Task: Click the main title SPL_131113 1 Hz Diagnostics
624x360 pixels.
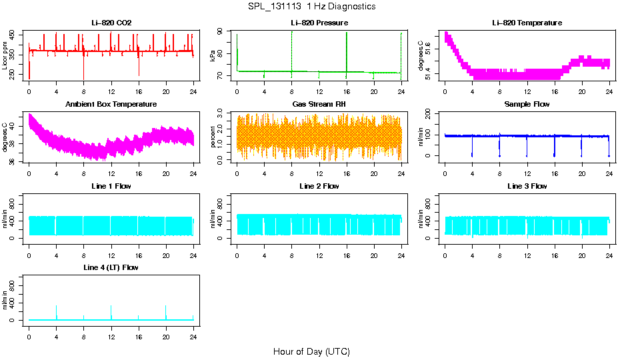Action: [311, 6]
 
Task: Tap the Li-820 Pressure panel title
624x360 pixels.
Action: [319, 23]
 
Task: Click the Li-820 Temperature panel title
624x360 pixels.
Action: [527, 23]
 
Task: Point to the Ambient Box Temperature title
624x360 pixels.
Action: [111, 104]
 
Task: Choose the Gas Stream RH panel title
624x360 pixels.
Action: [319, 104]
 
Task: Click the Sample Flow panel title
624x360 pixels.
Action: [527, 104]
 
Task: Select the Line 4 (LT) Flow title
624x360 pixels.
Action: [111, 267]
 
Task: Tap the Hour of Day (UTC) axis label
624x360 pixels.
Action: [311, 351]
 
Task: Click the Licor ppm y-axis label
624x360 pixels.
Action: [5, 57]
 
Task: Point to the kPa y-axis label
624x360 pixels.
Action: [213, 57]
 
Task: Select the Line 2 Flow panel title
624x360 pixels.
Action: [319, 186]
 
